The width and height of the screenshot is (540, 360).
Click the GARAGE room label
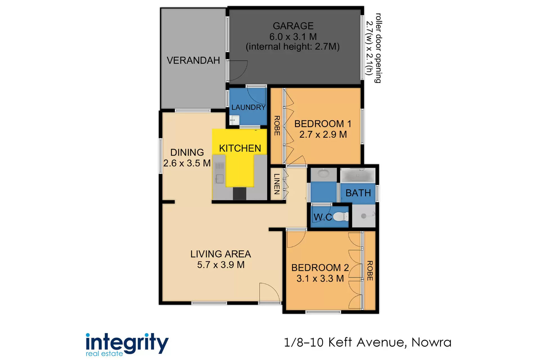coord(293,26)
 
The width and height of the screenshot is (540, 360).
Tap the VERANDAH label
coord(193,60)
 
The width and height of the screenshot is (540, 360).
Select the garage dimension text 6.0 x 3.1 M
coord(293,37)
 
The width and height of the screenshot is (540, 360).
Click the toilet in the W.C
coord(341,217)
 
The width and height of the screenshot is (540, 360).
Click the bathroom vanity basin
coord(323,174)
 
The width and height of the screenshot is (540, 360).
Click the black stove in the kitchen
coord(239,193)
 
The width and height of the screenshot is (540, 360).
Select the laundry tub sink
coord(234,120)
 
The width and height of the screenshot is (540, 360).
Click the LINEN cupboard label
coord(277,184)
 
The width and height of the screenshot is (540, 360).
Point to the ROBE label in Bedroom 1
coord(277,126)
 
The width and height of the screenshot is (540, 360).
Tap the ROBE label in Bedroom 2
coord(370,271)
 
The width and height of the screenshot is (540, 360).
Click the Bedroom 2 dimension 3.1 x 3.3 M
coord(320,278)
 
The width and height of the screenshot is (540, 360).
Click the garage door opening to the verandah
coord(238,70)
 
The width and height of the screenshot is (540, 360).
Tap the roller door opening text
coord(374,48)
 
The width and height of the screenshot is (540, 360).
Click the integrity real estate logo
coord(127,345)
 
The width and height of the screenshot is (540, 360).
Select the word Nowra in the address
coord(431,342)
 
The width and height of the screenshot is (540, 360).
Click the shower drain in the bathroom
coord(364,216)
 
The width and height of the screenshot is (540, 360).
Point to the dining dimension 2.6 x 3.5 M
coord(187,163)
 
